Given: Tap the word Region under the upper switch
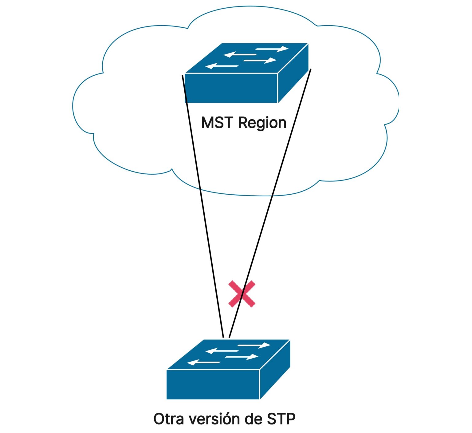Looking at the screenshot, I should pyautogui.click(x=262, y=123).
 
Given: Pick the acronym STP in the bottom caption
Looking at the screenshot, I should pyautogui.click(x=281, y=419).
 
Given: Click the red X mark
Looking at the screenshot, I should pyautogui.click(x=242, y=294).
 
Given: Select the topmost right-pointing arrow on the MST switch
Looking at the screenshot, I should pyautogui.click(x=272, y=49).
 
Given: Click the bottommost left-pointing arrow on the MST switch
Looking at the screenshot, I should pyautogui.click(x=222, y=66).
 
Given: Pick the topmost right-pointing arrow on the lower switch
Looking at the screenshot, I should pyautogui.click(x=254, y=345).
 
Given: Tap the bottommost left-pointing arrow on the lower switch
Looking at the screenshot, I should pyautogui.click(x=203, y=363).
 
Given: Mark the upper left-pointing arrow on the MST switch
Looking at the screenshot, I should pyautogui.click(x=240, y=55).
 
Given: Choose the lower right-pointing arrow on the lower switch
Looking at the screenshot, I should pyautogui.click(x=242, y=357).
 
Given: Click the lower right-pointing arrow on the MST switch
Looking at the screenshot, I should pyautogui.click(x=260, y=60).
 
